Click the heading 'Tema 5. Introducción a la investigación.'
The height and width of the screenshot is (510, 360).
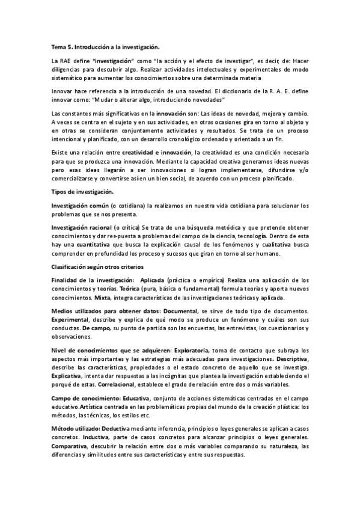105,46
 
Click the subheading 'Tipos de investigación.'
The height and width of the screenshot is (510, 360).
82,192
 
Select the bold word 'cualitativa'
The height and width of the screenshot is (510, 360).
279,245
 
